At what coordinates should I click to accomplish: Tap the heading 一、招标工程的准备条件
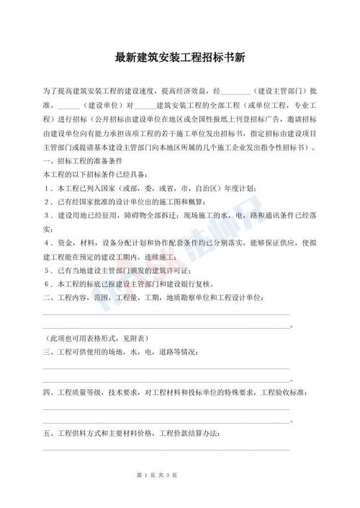pos(84,161)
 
